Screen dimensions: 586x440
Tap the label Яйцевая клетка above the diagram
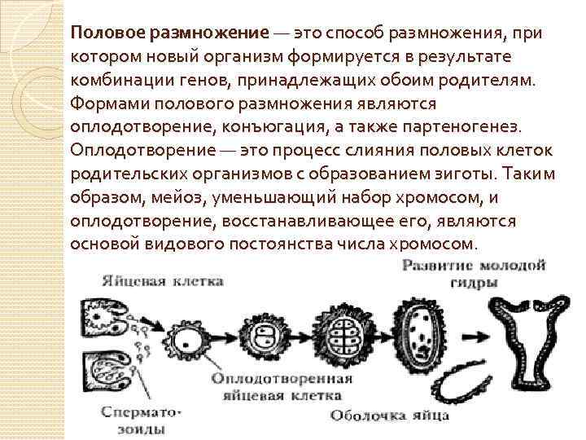coord(163,281)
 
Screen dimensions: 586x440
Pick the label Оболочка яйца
coord(389,416)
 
